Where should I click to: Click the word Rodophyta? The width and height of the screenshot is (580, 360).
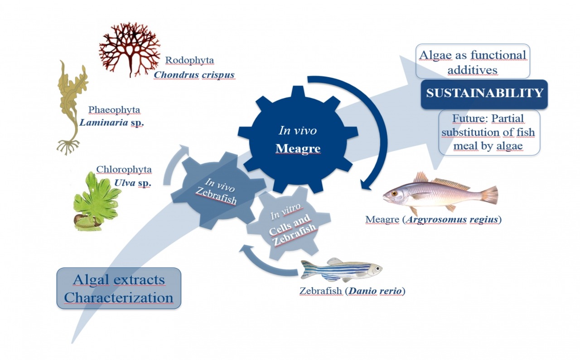coord(189,60)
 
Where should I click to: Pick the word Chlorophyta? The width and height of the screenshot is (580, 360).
coord(124,170)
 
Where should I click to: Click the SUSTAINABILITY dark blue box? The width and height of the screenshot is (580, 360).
coord(484,94)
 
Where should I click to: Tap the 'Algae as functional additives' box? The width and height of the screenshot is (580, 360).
coord(473,62)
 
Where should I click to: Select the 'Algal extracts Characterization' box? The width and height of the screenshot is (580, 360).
coord(119,288)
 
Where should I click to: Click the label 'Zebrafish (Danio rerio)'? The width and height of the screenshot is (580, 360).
coord(352,290)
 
